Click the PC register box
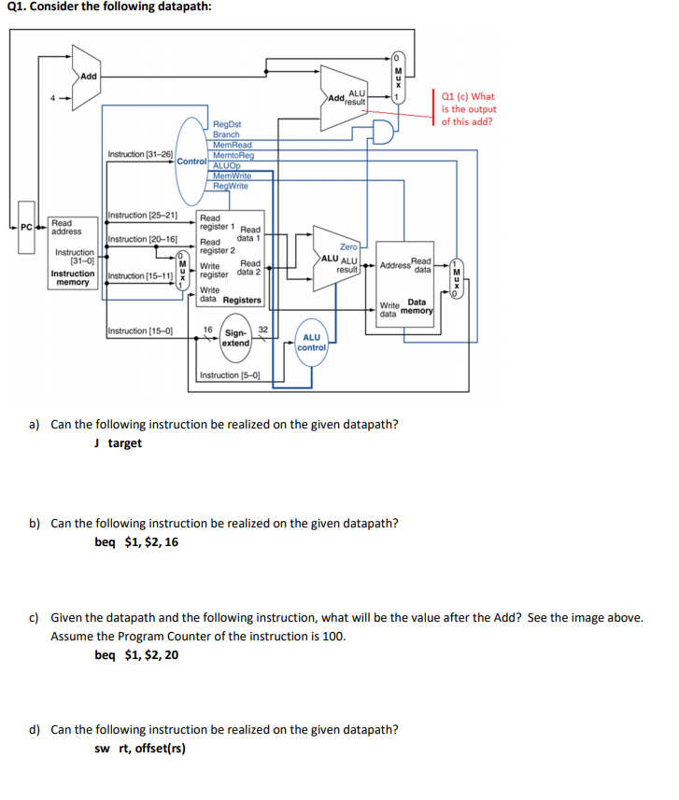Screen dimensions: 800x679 click(27, 227)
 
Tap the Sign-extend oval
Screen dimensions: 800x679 click(236, 338)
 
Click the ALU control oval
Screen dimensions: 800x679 click(311, 343)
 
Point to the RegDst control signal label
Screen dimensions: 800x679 click(227, 124)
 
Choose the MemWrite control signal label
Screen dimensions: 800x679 click(232, 176)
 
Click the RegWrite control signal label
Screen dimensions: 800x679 click(230, 187)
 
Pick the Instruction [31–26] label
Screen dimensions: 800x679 click(140, 154)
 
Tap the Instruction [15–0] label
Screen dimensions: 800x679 click(140, 330)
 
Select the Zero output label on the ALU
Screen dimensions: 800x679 click(348, 246)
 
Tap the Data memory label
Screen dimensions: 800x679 click(417, 306)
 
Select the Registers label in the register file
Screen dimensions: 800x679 click(242, 300)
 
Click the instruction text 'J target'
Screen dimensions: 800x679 click(119, 442)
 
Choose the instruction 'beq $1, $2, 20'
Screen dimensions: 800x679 click(137, 654)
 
